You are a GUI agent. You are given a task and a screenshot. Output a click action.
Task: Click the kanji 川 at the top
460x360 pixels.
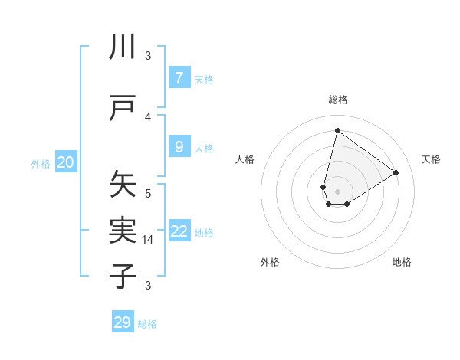[x=123, y=47]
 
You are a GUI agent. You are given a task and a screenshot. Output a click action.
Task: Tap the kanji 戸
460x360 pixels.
[x=123, y=109]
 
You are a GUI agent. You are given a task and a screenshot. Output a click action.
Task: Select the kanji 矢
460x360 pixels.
[x=123, y=186]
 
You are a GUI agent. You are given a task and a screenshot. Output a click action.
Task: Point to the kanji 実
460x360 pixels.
[x=123, y=231]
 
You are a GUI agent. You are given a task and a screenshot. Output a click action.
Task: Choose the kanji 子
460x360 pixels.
[x=123, y=276]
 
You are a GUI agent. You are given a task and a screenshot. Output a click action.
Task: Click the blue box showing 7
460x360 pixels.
[x=179, y=78]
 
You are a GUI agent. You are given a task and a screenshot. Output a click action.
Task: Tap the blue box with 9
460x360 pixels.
[x=179, y=147]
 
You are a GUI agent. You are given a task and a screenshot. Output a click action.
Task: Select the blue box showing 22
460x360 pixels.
[x=179, y=231]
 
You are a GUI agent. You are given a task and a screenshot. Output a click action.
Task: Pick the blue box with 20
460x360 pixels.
[x=66, y=162]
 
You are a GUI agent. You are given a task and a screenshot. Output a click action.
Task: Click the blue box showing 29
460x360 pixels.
[x=123, y=322]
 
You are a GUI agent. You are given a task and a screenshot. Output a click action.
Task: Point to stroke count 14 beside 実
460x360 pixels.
[x=149, y=240]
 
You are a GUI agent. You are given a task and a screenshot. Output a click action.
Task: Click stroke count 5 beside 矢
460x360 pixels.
[x=148, y=193]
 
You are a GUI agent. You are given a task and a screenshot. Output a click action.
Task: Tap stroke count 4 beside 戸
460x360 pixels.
[x=148, y=116]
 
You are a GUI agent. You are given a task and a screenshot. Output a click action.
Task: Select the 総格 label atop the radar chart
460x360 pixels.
[x=337, y=100]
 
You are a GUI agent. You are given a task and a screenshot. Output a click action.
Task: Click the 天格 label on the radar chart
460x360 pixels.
[x=431, y=159]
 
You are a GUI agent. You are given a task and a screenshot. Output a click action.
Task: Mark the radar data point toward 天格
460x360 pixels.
[x=396, y=172]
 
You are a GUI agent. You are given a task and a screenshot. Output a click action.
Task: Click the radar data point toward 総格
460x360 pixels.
[x=337, y=131]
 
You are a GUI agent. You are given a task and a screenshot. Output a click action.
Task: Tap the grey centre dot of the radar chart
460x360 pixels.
[x=337, y=191]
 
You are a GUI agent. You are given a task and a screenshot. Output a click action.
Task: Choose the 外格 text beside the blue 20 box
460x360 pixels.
[x=41, y=163]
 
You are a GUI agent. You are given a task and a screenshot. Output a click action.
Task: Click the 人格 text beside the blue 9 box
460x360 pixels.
[x=204, y=148]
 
